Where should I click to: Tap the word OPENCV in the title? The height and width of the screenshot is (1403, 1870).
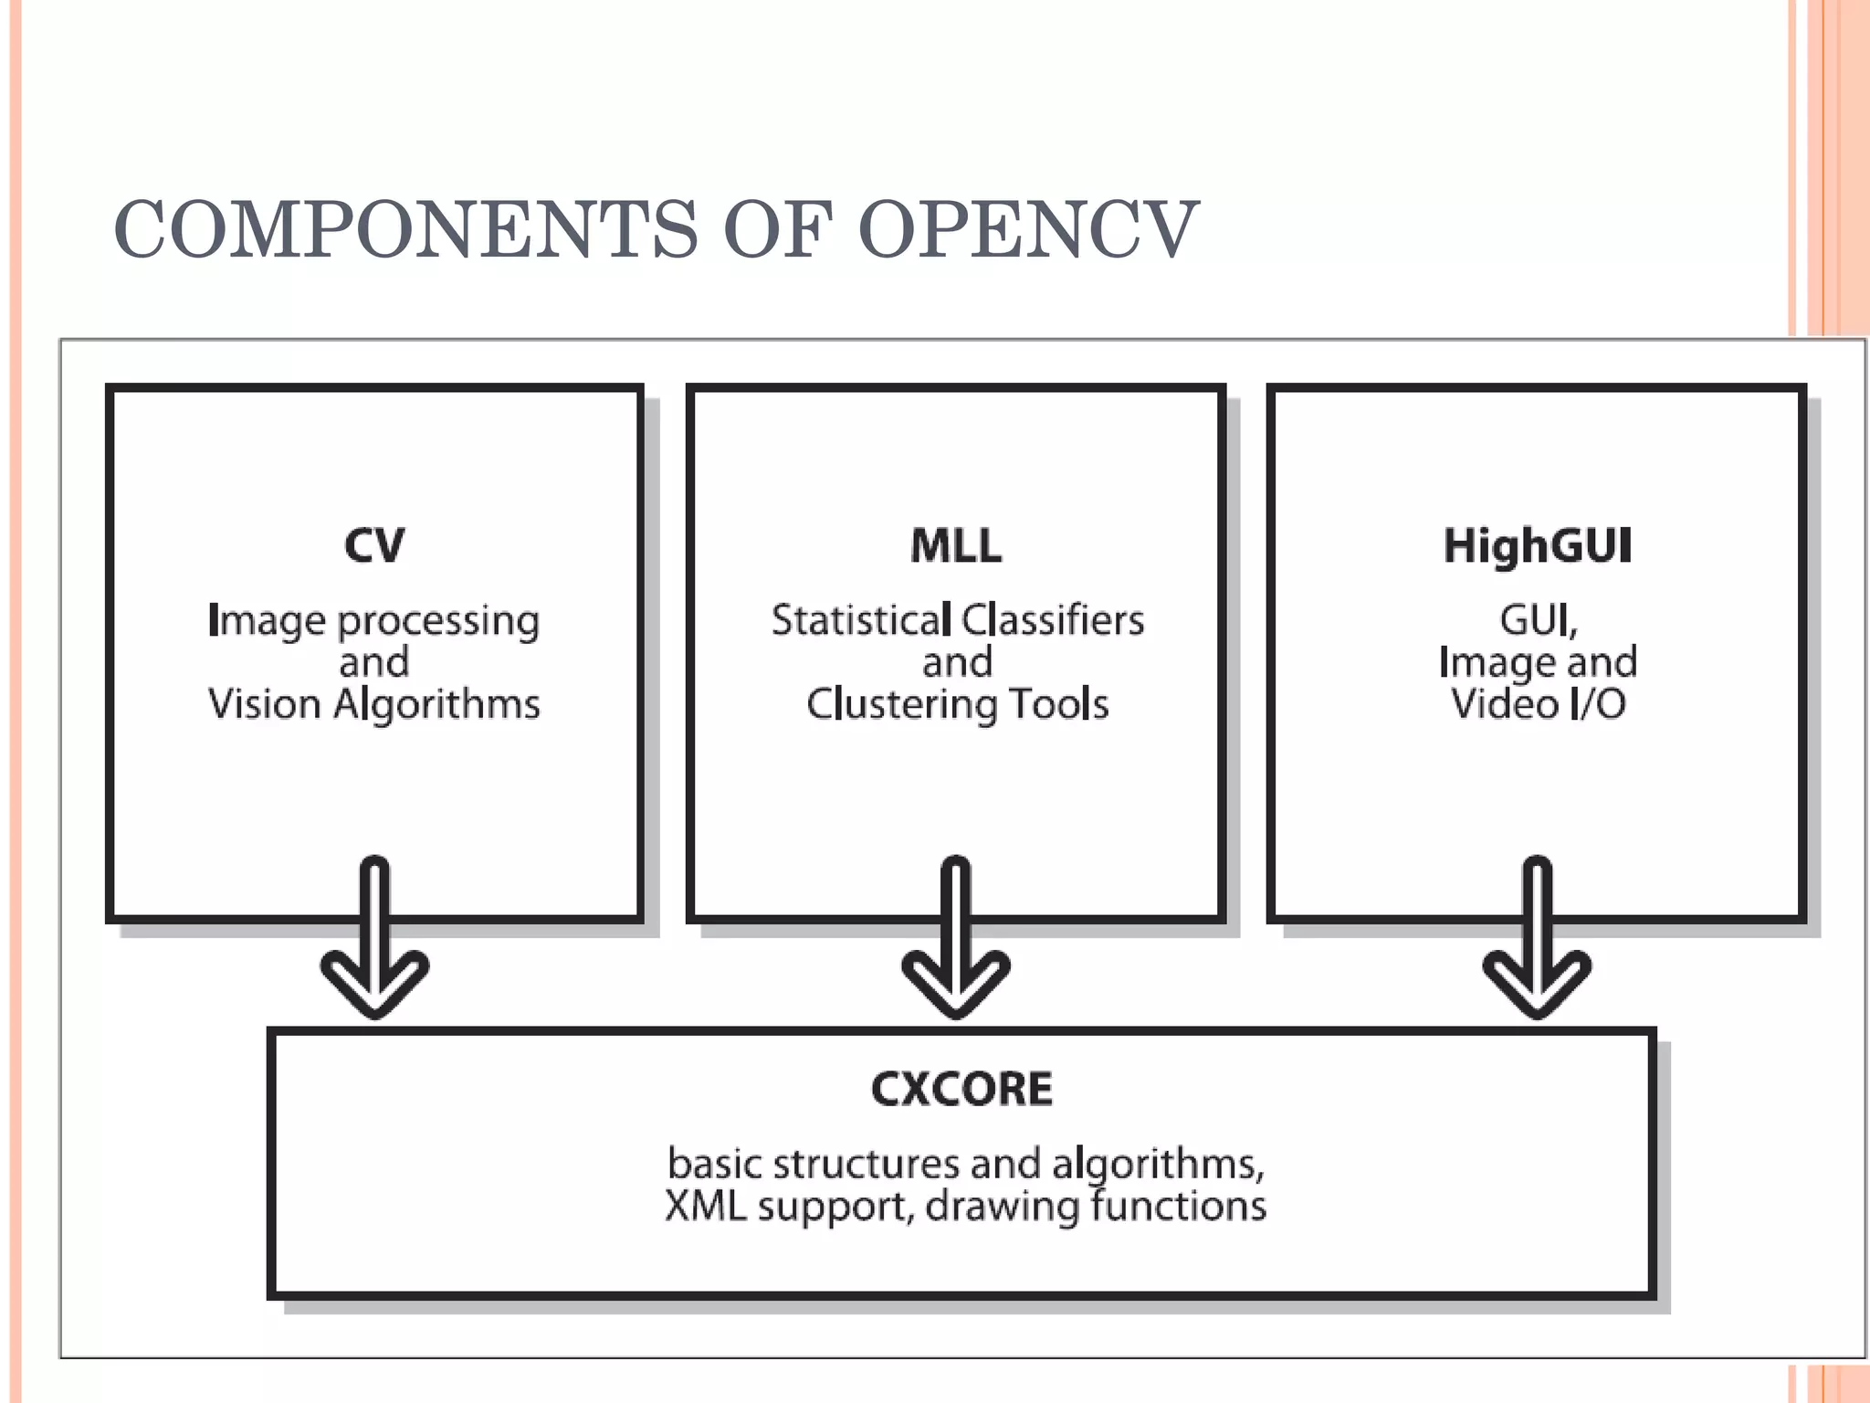click(1027, 230)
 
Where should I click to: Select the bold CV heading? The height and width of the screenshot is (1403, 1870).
click(374, 546)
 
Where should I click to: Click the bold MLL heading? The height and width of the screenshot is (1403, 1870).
click(956, 546)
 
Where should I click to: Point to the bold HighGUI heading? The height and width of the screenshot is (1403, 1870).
click(1538, 546)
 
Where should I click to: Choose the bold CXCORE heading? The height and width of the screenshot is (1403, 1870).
click(961, 1089)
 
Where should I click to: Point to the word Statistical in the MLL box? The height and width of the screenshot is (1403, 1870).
click(861, 621)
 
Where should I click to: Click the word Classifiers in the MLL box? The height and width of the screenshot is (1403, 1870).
click(1053, 621)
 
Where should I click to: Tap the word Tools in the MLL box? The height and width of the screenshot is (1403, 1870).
click(1059, 705)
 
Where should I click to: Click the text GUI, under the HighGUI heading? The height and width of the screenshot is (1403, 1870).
click(1539, 621)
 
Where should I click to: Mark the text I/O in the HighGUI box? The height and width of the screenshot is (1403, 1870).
click(1597, 705)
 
